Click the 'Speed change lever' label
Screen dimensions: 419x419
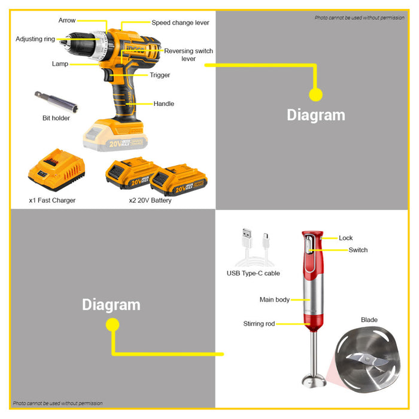[180, 23]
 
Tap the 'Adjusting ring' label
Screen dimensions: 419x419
[35, 39]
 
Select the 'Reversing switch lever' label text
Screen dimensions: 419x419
[189, 55]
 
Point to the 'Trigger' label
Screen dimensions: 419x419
[160, 75]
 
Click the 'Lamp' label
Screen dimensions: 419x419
[60, 64]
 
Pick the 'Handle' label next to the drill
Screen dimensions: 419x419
[163, 104]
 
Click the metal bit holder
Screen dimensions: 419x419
[56, 102]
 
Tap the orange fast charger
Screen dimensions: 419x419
[56, 170]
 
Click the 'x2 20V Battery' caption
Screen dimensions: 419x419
[150, 201]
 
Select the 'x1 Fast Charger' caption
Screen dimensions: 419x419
[52, 201]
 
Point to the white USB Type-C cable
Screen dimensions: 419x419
[255, 247]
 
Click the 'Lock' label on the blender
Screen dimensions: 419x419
[345, 238]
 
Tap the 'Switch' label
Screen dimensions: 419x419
[358, 250]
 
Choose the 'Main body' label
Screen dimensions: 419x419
[274, 300]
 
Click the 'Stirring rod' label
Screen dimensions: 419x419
[259, 324]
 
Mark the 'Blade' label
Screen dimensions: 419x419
[369, 320]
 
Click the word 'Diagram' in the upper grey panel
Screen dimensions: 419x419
[316, 115]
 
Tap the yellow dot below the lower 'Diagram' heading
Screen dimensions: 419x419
[113, 325]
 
